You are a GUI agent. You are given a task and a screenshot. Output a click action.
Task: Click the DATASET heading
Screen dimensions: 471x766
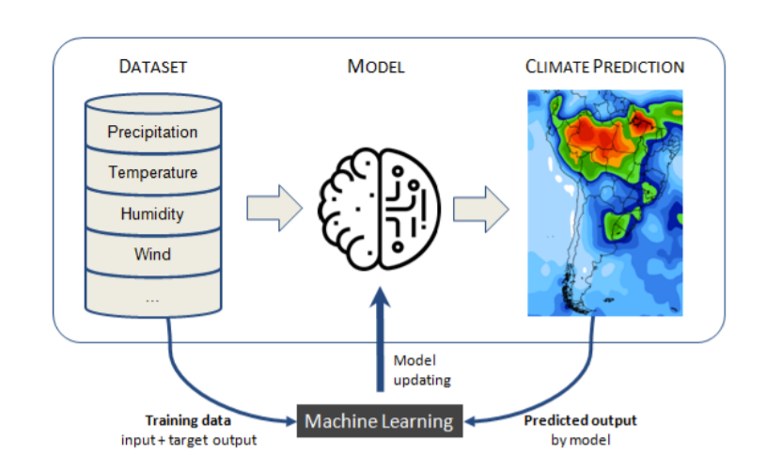pos(152,67)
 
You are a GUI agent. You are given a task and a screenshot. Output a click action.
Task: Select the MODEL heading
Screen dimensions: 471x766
pos(376,67)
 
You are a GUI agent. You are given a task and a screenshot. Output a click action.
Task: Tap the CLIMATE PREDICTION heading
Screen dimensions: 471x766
pos(604,67)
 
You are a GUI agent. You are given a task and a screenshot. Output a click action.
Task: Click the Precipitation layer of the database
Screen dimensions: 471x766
pos(152,132)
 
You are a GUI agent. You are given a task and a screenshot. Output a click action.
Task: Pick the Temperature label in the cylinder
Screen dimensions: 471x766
pos(152,173)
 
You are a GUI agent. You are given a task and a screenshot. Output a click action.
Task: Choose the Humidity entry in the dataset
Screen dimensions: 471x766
pos(152,213)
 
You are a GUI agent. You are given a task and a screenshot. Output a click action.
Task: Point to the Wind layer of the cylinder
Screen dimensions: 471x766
pos(152,254)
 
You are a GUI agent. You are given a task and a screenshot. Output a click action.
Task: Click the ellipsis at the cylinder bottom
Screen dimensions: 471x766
pos(152,298)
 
